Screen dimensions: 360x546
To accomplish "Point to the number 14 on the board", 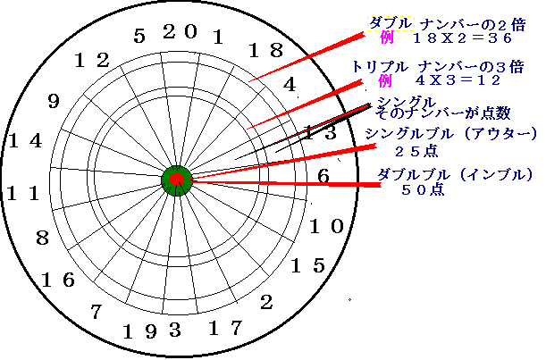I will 24,140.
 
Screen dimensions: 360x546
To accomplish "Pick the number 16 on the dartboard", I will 57,280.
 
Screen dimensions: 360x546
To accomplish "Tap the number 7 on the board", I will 97,312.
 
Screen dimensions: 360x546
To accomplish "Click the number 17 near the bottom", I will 225,329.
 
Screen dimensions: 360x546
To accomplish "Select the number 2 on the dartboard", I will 266,303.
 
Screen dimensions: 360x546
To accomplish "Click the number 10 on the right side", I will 326,225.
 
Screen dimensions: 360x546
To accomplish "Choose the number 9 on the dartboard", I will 53,101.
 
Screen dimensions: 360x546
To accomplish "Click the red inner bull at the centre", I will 178,181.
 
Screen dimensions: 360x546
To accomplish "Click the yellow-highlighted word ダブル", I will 390,21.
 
